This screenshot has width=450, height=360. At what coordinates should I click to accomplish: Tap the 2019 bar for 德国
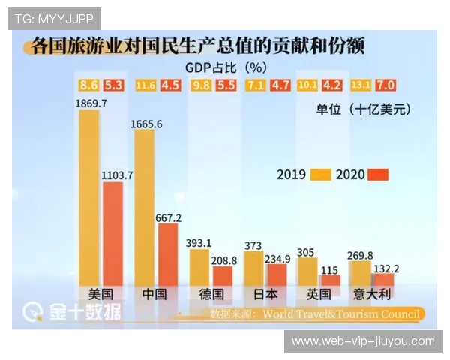coord(199,266)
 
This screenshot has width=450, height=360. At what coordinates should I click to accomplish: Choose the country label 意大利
coord(373,294)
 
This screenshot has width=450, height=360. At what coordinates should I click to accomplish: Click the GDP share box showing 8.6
coord(89,85)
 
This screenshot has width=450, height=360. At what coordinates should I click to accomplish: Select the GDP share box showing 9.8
coord(201,85)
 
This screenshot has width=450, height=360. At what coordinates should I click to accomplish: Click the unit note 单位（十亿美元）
coord(364,109)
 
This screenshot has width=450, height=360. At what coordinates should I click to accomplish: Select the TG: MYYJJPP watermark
coord(53,17)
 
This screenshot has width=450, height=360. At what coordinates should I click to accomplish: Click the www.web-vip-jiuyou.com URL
coord(363,341)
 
